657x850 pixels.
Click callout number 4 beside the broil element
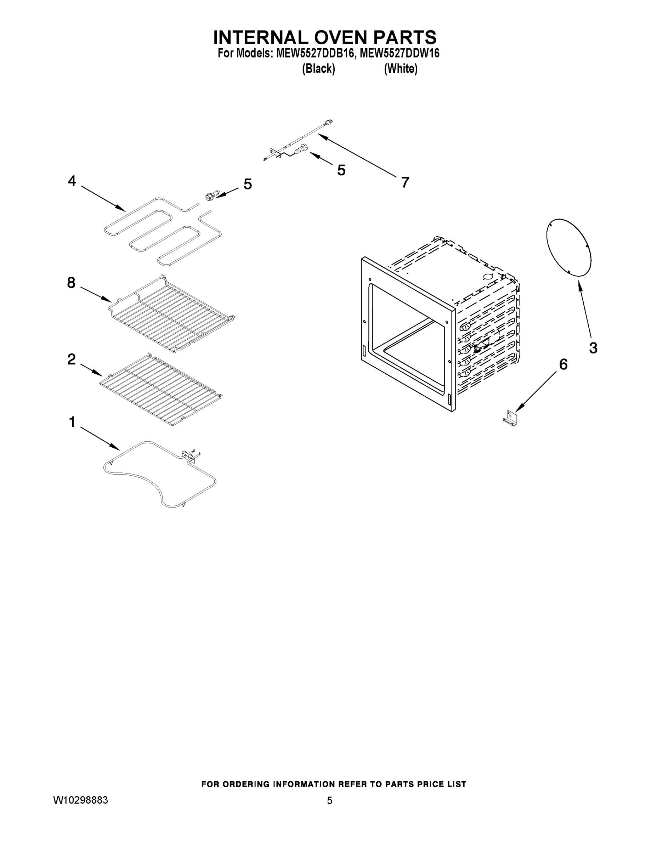[72, 181]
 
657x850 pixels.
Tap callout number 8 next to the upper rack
[71, 283]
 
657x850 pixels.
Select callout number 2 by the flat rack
[71, 359]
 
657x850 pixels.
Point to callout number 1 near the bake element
[72, 422]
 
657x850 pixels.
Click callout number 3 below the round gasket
[593, 348]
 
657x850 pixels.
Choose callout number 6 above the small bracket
[563, 364]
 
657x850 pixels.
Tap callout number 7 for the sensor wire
[405, 182]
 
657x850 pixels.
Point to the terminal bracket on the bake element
[189, 456]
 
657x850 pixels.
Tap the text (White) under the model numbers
[401, 69]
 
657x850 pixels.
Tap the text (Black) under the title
[318, 69]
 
